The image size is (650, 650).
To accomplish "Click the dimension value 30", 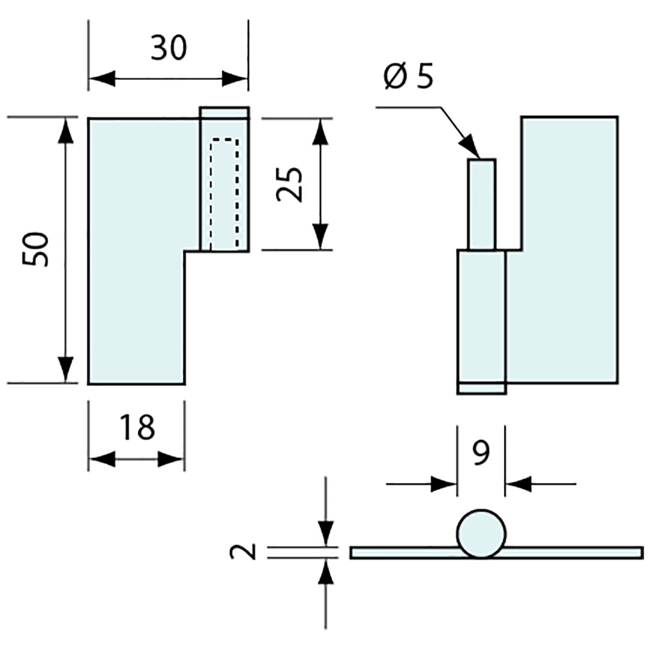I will pos(168,48).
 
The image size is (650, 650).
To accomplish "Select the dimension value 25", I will pos(290,184).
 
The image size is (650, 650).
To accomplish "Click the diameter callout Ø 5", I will pos(408,77).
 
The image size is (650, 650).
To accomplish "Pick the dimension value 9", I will pos(482,453).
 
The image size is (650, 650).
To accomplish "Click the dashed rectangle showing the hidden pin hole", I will pos(225,193).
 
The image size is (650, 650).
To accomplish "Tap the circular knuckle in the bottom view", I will pos(481,534).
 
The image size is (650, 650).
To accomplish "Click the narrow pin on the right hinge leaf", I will pos(482,204).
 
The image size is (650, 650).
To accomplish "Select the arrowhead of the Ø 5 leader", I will pos(469,148).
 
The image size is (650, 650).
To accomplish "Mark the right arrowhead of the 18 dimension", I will pos(172,459).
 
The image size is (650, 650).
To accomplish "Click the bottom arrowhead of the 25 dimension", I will pos(320,237).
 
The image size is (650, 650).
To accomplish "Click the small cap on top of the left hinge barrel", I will pos(225,112).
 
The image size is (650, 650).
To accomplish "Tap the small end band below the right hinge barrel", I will pos(482,388).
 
